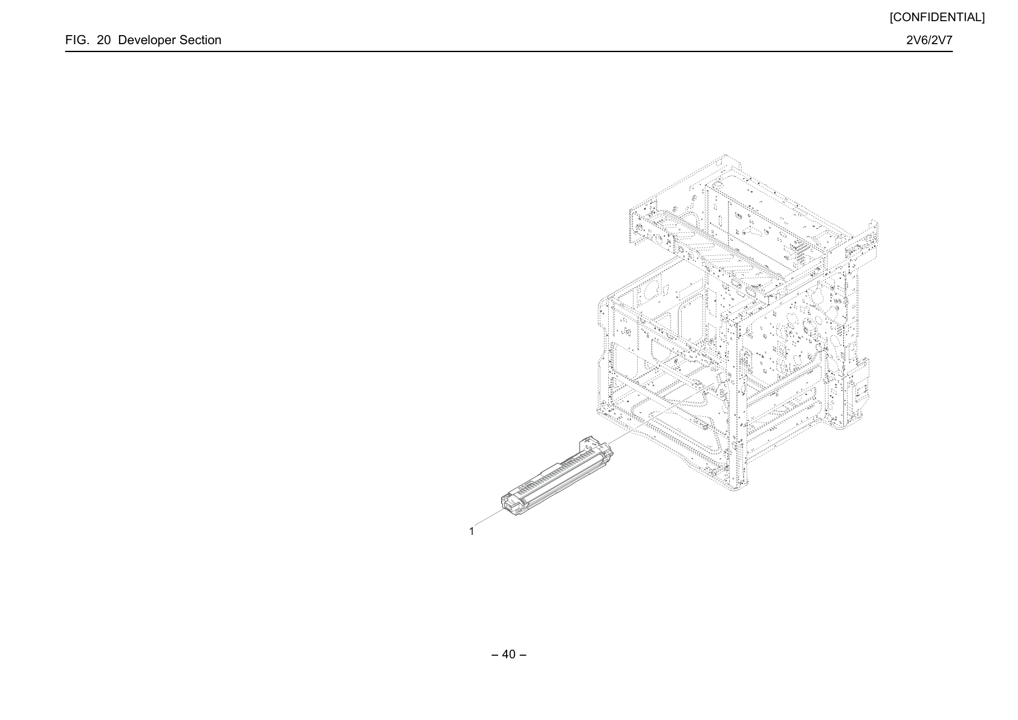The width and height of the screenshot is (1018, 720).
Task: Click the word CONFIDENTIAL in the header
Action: [x=937, y=18]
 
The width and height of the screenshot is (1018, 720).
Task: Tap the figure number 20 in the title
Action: [x=103, y=40]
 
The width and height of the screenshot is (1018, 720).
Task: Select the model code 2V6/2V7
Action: [x=929, y=40]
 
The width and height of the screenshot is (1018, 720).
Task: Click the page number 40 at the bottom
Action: [x=508, y=654]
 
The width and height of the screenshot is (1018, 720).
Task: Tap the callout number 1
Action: [x=472, y=531]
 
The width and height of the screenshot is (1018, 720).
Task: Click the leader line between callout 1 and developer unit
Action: [x=489, y=516]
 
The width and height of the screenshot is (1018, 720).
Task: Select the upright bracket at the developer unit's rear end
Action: [x=588, y=443]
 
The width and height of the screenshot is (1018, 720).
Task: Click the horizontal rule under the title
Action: [x=508, y=51]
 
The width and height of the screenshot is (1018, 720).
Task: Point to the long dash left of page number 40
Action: [x=495, y=655]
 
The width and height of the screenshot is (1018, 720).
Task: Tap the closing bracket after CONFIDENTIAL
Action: [x=983, y=18]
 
